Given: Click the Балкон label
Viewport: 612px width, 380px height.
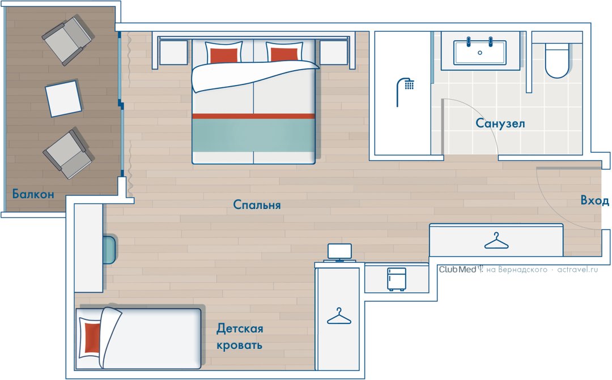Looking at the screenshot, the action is (33, 194).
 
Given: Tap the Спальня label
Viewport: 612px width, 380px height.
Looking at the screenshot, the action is (257, 205).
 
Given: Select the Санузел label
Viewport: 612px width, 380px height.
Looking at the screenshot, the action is (500, 123).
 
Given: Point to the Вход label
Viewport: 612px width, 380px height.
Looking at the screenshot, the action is (594, 200).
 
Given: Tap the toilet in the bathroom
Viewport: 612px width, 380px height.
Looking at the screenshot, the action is (556, 61).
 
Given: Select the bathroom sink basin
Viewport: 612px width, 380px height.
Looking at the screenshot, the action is (480, 53).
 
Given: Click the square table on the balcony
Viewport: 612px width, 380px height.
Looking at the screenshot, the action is (63, 99).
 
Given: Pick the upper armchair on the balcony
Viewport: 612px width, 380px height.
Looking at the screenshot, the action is (67, 41).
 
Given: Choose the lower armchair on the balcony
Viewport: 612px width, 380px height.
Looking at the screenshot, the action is (68, 154).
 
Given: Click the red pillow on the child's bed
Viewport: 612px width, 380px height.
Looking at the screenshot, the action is (92, 338).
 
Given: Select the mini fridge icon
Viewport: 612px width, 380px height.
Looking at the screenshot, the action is (397, 279).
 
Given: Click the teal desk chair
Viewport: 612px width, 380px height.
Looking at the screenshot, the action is (109, 250).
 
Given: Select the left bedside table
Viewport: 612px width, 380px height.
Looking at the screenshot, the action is (174, 53).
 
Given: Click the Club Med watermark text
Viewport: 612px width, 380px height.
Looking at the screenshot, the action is (457, 269).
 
